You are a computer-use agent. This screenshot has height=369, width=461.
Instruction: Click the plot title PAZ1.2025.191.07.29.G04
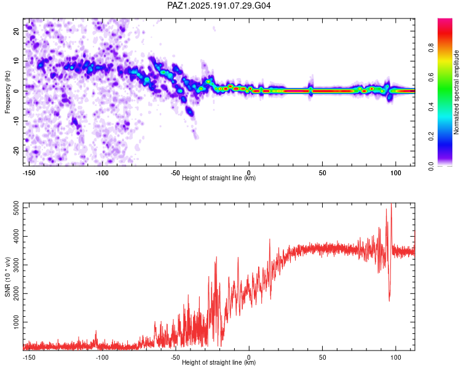(x=219, y=6)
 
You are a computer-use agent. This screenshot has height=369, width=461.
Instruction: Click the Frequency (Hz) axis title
(x=7, y=92)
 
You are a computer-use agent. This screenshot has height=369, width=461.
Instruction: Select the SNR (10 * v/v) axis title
(x=7, y=277)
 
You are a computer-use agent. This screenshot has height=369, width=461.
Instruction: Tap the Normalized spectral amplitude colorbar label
(x=456, y=92)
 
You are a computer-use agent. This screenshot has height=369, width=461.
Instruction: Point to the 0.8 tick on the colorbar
(x=431, y=47)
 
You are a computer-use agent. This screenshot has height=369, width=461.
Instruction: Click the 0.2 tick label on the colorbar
(x=431, y=137)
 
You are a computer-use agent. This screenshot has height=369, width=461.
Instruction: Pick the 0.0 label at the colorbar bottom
(x=431, y=167)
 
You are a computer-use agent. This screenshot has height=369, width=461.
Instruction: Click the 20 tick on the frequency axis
(x=17, y=31)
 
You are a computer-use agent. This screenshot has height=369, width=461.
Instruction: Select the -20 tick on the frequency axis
(x=17, y=151)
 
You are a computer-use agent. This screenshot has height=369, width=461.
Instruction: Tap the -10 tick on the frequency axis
(x=17, y=121)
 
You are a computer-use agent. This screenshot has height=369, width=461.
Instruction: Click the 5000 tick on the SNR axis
(x=17, y=208)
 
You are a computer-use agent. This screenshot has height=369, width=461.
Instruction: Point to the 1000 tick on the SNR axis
(x=17, y=322)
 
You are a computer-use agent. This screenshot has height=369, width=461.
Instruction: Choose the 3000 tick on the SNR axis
(x=17, y=265)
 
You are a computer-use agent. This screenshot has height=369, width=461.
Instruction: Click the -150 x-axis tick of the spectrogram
(x=29, y=173)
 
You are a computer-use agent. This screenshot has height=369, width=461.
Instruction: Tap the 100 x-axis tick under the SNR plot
(x=396, y=357)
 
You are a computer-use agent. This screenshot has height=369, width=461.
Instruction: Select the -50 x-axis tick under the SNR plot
(x=175, y=357)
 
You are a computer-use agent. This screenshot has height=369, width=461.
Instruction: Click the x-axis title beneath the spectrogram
(x=219, y=178)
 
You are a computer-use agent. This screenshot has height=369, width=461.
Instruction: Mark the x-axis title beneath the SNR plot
(x=219, y=362)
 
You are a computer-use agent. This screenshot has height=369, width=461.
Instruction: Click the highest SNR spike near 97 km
(x=391, y=204)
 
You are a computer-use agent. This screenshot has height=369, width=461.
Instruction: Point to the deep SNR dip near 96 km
(x=389, y=300)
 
